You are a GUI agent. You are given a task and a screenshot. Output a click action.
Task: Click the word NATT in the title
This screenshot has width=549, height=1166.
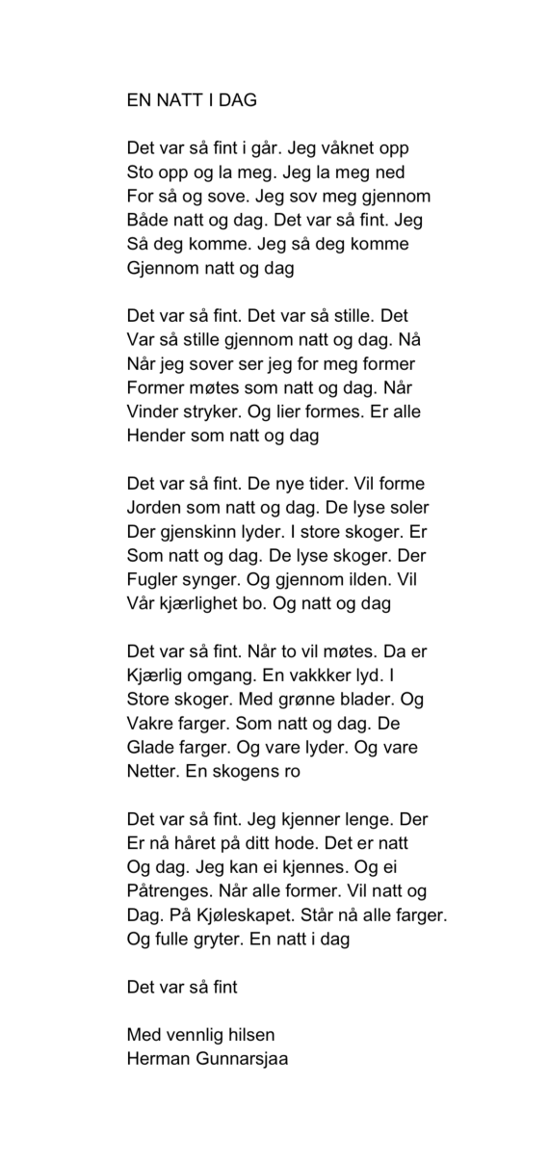(x=172, y=99)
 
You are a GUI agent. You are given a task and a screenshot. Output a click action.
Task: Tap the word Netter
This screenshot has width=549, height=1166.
(x=155, y=771)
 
